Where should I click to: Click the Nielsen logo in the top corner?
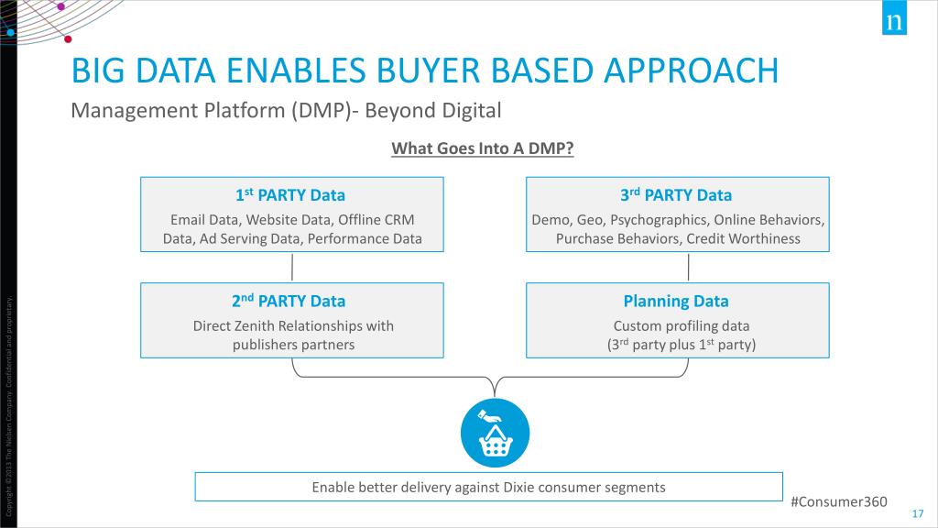(x=893, y=21)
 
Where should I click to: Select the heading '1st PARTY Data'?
(x=290, y=195)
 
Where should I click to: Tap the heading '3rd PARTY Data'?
(x=677, y=195)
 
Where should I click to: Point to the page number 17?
(x=918, y=512)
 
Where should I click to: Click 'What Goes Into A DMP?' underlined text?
(x=482, y=148)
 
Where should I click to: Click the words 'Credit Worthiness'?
(x=747, y=238)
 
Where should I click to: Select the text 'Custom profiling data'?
(x=682, y=325)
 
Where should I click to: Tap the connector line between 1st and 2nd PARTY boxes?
(x=292, y=267)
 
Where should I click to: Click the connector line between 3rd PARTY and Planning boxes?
(x=688, y=267)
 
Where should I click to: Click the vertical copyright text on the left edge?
(x=9, y=403)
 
